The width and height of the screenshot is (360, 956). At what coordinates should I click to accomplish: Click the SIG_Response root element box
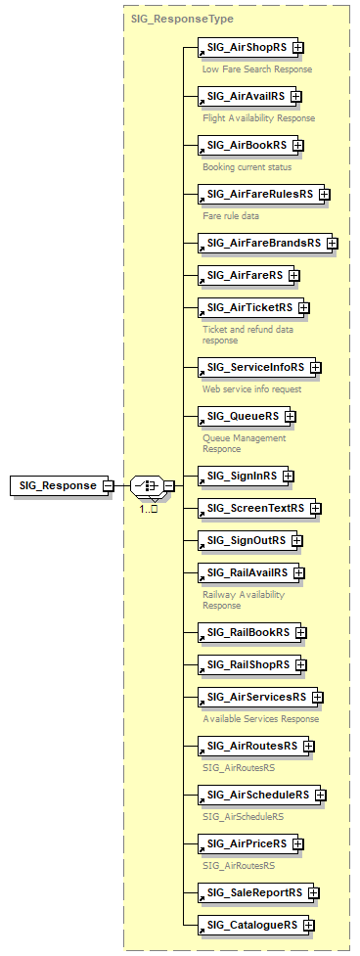click(58, 485)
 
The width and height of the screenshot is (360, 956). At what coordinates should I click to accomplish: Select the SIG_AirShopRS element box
click(245, 47)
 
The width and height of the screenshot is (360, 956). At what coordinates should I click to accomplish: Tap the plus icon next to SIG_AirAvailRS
click(296, 96)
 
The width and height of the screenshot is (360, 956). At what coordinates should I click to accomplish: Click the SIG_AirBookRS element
click(246, 145)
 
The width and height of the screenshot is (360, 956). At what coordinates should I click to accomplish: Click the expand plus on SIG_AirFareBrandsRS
click(333, 243)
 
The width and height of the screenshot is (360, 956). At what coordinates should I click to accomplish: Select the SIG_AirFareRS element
click(243, 276)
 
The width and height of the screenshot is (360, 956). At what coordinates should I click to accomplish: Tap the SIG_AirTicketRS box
click(248, 307)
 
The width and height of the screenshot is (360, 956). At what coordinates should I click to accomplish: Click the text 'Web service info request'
click(252, 388)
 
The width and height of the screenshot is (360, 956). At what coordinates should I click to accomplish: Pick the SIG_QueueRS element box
click(242, 416)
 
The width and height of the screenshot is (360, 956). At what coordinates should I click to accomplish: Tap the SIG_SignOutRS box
click(245, 540)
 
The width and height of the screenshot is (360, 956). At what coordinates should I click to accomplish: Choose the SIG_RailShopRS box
click(247, 664)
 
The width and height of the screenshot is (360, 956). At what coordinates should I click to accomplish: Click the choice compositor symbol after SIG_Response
click(147, 485)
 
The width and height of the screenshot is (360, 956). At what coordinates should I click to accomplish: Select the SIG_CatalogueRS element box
click(253, 924)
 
